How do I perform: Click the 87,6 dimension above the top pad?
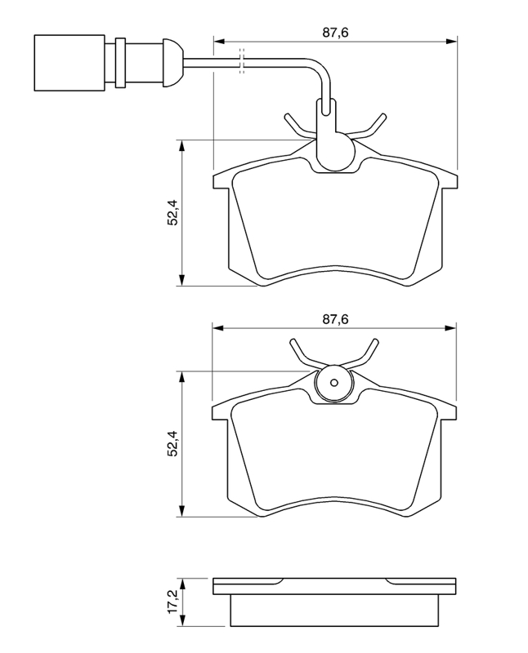click(x=329, y=33)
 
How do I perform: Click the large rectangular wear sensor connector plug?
click(x=69, y=62)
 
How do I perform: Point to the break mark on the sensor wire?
click(x=241, y=60)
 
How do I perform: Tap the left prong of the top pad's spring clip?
click(x=295, y=124)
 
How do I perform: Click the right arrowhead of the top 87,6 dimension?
click(x=452, y=40)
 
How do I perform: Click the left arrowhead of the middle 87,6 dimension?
click(x=217, y=327)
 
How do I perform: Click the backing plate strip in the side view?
click(x=334, y=586)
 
